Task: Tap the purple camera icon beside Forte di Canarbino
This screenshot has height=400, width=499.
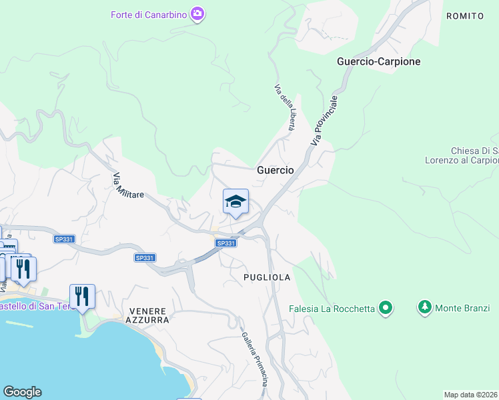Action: click(x=197, y=13)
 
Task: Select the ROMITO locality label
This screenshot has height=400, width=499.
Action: click(x=464, y=15)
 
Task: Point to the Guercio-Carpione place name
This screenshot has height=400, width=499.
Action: click(x=379, y=61)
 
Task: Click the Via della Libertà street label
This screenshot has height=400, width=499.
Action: click(x=285, y=107)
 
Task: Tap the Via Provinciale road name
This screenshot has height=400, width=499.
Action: click(x=325, y=121)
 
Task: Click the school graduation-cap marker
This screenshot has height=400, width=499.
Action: click(x=235, y=202)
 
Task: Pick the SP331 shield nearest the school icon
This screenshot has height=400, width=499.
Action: click(x=226, y=243)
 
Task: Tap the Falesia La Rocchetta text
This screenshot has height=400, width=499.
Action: click(x=331, y=309)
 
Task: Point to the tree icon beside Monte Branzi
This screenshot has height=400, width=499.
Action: click(x=424, y=307)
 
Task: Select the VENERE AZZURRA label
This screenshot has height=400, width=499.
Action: click(x=147, y=315)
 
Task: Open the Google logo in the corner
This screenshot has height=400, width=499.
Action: click(x=22, y=392)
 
